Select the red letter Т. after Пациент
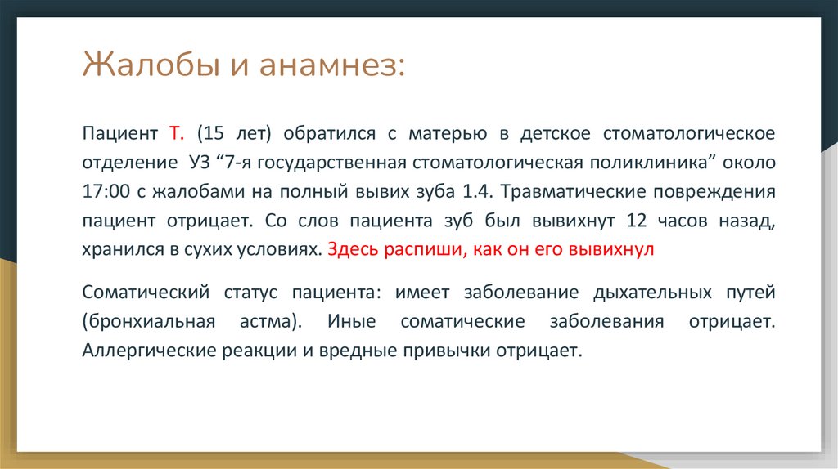click(x=178, y=132)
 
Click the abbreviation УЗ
click(x=199, y=162)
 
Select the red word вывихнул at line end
click(x=616, y=250)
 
